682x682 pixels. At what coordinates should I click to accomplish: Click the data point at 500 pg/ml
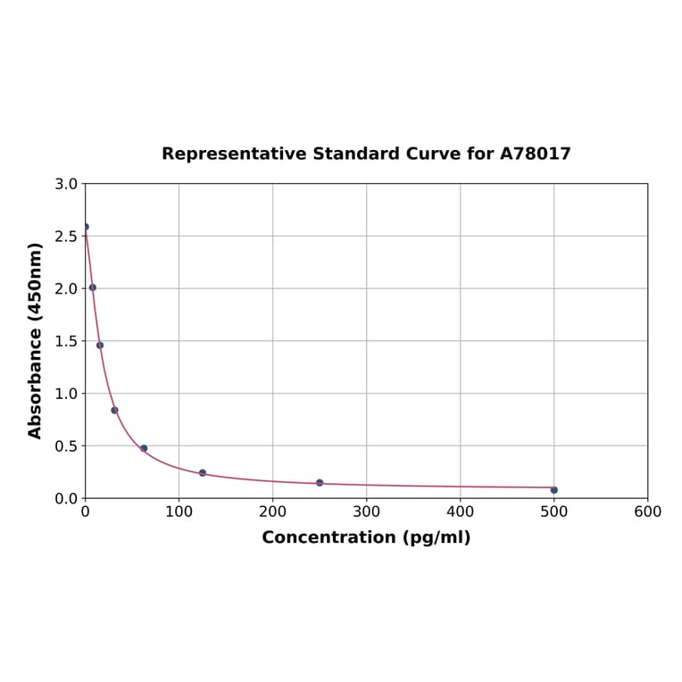click(553, 490)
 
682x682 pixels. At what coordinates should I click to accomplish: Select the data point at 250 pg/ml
click(320, 483)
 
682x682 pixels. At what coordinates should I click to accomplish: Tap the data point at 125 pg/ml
click(203, 473)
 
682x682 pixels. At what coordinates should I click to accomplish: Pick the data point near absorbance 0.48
click(144, 448)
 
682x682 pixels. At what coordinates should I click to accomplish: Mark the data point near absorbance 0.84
click(114, 411)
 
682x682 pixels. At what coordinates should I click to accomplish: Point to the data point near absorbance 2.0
click(93, 287)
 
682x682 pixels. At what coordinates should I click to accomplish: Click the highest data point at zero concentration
click(86, 227)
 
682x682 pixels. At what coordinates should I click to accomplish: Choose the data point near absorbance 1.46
click(100, 345)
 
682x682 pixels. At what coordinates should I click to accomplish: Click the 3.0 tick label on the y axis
click(66, 184)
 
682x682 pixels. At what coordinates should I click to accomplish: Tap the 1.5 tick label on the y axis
click(66, 341)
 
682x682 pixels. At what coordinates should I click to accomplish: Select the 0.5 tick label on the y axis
click(66, 445)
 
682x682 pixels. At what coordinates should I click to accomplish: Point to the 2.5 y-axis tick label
click(66, 237)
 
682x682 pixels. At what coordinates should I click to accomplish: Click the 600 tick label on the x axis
click(647, 512)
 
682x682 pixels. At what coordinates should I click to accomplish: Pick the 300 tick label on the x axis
click(366, 512)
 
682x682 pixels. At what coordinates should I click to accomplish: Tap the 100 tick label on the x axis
click(179, 512)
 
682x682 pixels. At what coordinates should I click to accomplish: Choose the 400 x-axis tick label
click(460, 512)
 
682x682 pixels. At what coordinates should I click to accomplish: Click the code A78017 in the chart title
click(535, 154)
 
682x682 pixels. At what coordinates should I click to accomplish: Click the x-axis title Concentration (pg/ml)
click(366, 537)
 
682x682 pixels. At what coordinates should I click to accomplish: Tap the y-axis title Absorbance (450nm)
click(36, 340)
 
